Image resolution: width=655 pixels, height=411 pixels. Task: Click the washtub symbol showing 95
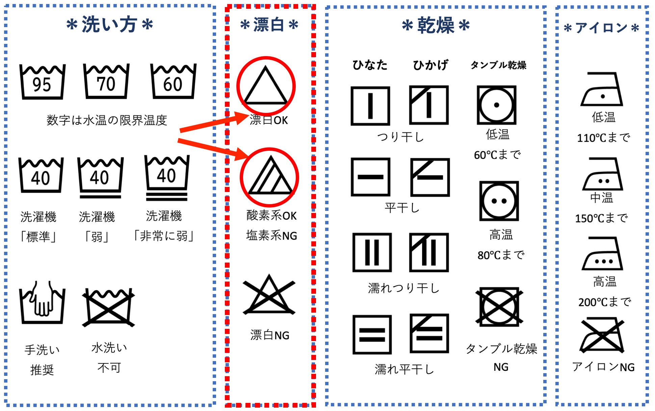pos(42,82)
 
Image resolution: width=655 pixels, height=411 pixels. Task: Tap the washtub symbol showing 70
pos(106,81)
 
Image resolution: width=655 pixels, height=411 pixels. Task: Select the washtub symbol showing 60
pos(173,81)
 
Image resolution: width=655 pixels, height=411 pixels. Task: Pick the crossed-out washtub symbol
pos(108,307)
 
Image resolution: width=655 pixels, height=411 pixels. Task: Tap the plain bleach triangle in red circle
pos(266,85)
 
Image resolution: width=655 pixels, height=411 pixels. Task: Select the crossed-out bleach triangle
pos(269,295)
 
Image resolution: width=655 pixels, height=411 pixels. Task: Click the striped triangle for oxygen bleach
pos(269,176)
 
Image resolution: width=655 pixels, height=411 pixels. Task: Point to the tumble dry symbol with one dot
pos(496,105)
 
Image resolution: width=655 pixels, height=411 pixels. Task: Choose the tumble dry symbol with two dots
pos(499,201)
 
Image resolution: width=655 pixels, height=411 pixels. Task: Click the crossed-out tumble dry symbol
pos(499,307)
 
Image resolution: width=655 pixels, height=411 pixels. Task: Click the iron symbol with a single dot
pos(602,89)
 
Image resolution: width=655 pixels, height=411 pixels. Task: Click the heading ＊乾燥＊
pos(436,25)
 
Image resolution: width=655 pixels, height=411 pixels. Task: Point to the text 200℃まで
pos(604,302)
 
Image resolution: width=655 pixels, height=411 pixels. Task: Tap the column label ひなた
pos(370,65)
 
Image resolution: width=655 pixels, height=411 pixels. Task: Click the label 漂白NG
pos(270,335)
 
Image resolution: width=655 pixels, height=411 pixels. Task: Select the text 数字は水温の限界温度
pos(107,120)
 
